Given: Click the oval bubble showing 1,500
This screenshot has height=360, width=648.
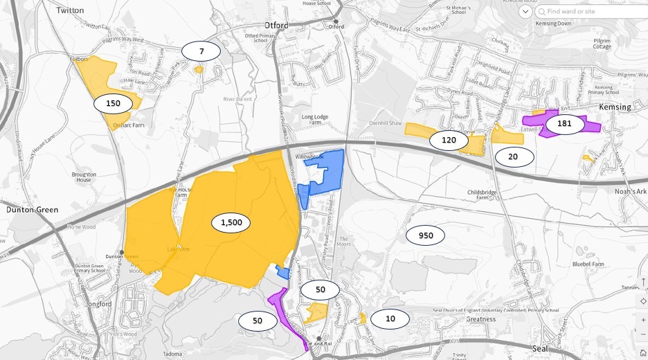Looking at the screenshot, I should [231, 222].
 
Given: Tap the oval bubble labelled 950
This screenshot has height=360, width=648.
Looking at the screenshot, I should [426, 235].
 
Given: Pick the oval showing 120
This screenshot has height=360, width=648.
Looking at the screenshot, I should [449, 141].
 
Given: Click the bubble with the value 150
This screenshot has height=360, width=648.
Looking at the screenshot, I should [113, 104].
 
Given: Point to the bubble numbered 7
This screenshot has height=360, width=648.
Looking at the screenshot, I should [201, 51].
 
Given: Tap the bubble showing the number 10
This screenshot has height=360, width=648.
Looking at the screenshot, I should [390, 318].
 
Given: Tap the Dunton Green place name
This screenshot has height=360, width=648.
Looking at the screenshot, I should [32, 209].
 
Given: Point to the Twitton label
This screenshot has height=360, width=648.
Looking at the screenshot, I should [69, 10].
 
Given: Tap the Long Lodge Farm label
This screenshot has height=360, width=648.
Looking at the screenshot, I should [316, 121].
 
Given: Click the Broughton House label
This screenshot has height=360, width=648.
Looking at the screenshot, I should [84, 177].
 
